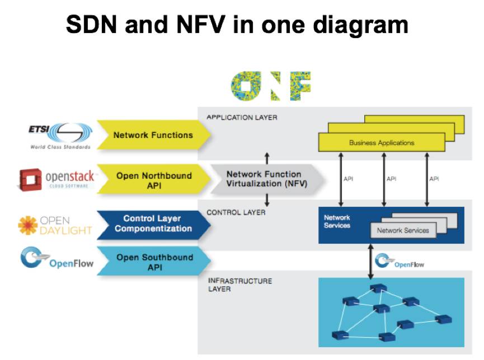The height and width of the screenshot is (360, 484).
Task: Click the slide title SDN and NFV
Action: click(x=237, y=25)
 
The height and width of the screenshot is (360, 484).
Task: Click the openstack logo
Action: click(x=57, y=179)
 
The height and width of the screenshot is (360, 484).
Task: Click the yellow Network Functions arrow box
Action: click(x=153, y=135)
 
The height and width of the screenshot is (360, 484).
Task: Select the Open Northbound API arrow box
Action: click(x=153, y=180)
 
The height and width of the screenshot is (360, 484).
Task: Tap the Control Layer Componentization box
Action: click(x=153, y=224)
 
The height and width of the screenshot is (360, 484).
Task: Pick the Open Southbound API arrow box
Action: click(x=153, y=262)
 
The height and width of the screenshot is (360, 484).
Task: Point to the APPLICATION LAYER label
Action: click(x=242, y=117)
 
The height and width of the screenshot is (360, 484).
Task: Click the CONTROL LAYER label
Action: click(x=236, y=212)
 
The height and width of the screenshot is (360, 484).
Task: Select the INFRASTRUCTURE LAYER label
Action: click(x=239, y=285)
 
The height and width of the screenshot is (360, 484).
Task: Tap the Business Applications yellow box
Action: click(x=382, y=143)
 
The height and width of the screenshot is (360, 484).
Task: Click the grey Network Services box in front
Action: click(x=403, y=230)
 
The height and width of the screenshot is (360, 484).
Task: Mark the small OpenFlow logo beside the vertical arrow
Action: click(x=398, y=262)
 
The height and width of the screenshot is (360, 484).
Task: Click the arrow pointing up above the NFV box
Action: click(x=267, y=158)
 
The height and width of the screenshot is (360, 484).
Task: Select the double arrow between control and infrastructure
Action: click(x=370, y=260)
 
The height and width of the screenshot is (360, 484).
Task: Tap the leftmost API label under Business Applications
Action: click(x=347, y=179)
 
